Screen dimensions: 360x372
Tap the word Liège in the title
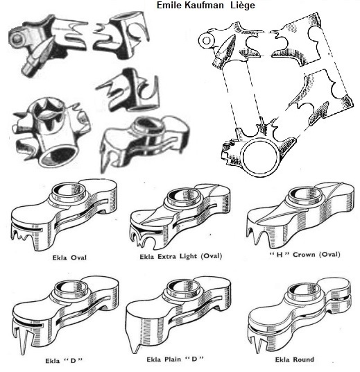(243, 5)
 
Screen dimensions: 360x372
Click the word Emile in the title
(169, 5)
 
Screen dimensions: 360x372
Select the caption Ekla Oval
(69, 257)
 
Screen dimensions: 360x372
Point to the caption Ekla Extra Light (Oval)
(181, 257)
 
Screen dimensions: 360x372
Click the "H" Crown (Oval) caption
(305, 255)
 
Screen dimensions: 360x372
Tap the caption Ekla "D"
(64, 361)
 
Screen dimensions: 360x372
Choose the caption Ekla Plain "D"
(175, 360)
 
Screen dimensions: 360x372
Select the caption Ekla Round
(295, 360)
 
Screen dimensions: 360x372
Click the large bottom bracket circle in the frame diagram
(260, 157)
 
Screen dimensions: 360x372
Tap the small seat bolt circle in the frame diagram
(206, 41)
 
